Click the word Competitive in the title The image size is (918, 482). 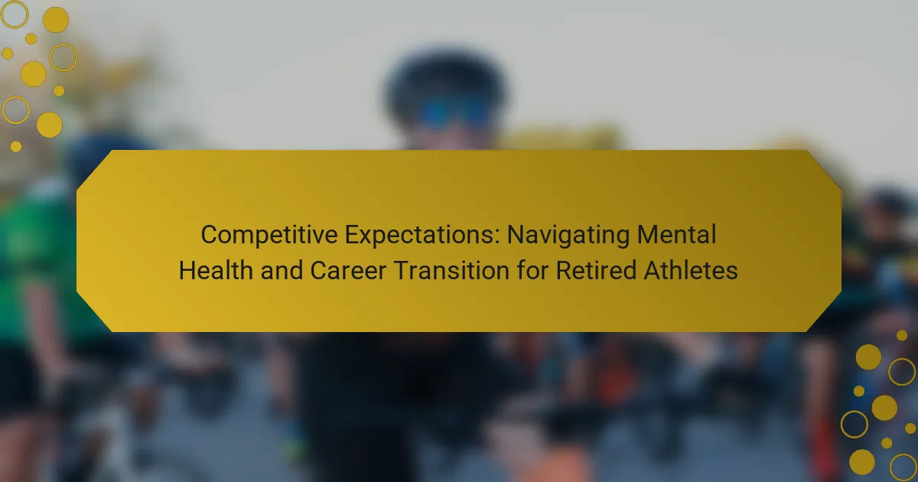[x=269, y=235]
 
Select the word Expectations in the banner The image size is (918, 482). [x=422, y=235]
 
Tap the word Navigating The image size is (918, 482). [x=568, y=236]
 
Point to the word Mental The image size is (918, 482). [x=676, y=234]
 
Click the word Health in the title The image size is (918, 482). [x=216, y=271]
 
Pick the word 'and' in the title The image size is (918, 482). [x=282, y=271]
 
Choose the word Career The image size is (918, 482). [x=348, y=271]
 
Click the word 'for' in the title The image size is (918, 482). [x=532, y=271]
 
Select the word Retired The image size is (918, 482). [x=595, y=271]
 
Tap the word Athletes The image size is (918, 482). [x=691, y=271]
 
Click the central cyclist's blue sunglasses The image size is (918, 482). [x=454, y=112]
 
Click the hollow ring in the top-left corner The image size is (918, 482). [x=15, y=15]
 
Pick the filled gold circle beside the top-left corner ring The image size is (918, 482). [x=56, y=19]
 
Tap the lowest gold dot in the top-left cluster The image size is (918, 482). [x=16, y=146]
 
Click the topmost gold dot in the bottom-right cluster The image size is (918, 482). [x=902, y=336]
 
